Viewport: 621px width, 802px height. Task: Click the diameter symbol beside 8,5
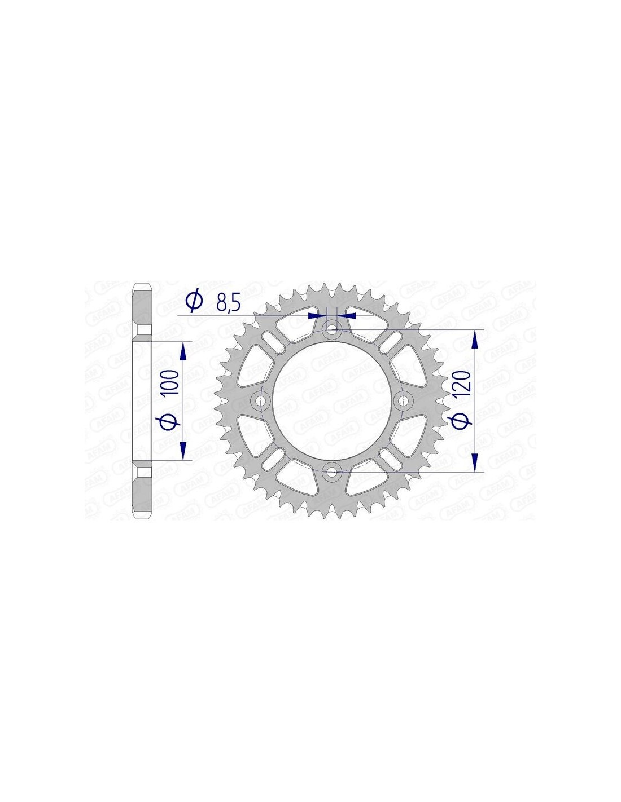pos(195,302)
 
